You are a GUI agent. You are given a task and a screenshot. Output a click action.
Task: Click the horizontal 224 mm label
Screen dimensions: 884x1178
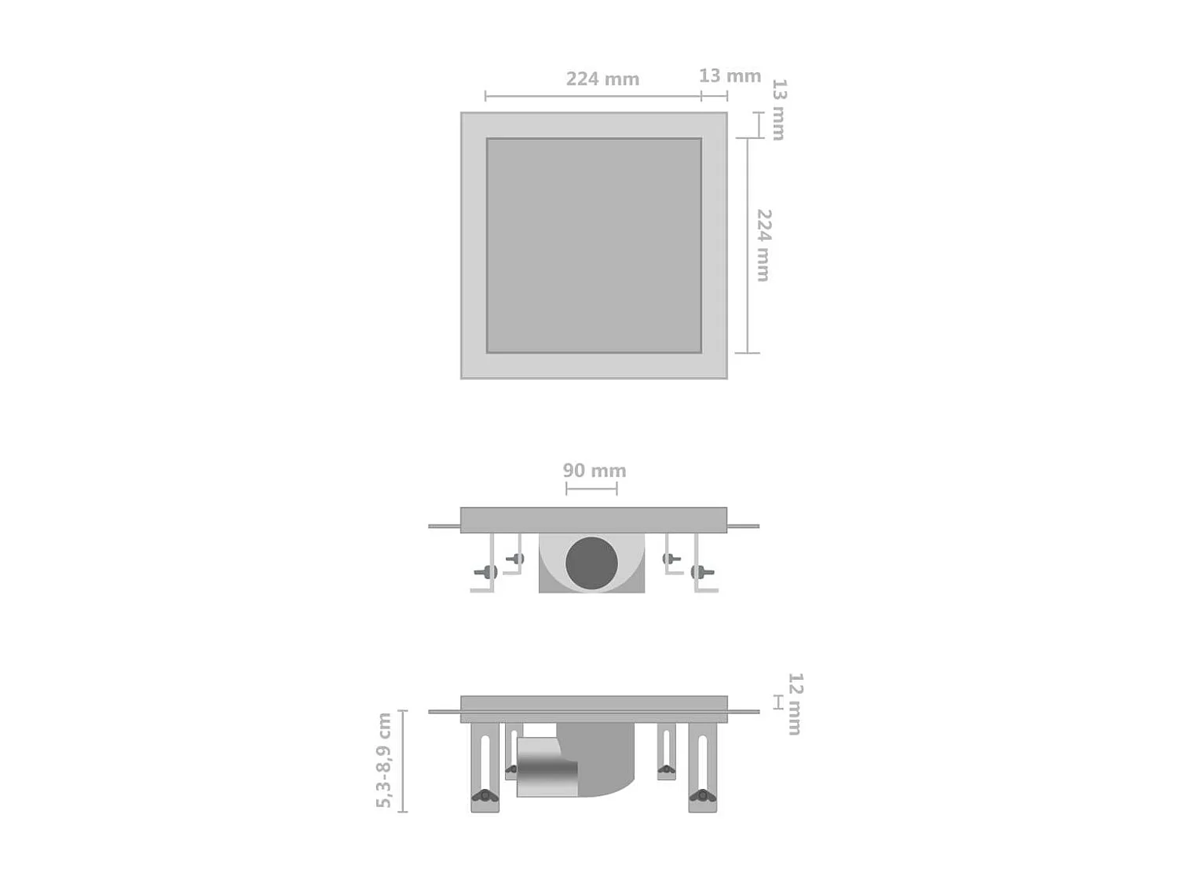pos(602,79)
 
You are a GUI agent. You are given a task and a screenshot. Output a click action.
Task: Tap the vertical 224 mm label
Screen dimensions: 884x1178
pos(763,245)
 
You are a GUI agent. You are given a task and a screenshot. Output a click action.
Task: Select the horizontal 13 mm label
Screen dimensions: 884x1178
pos(730,76)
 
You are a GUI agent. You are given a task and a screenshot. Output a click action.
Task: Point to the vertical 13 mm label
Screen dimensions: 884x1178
pos(778,109)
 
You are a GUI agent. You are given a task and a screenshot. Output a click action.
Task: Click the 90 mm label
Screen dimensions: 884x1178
pos(594,471)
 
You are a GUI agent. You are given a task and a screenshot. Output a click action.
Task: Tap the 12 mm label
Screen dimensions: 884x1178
pos(795,703)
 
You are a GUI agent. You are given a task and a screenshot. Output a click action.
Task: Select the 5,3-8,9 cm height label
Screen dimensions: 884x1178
pos(383,760)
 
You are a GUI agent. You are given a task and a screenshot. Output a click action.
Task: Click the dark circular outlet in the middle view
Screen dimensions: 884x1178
pos(591,563)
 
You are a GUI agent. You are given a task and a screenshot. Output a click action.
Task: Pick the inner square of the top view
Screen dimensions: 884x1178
pos(594,245)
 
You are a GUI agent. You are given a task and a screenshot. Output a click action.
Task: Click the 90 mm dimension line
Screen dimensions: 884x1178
pos(591,489)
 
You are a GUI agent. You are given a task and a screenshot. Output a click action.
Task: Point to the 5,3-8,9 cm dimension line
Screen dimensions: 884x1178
pos(403,761)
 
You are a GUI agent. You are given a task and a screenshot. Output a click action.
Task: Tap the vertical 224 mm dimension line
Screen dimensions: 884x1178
pos(747,245)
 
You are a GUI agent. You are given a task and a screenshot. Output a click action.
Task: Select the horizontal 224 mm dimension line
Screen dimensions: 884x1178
pos(593,97)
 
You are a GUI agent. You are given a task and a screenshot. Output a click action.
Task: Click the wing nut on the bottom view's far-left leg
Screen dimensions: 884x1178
pos(485,797)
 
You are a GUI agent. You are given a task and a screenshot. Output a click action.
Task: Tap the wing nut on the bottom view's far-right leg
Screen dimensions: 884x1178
pos(703,797)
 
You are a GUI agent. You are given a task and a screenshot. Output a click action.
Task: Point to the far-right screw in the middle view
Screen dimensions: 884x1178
pos(700,572)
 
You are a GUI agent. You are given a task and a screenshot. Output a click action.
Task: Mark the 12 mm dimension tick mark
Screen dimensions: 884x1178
pos(777,702)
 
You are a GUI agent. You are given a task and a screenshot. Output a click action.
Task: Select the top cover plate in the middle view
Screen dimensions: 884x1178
pos(594,519)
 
